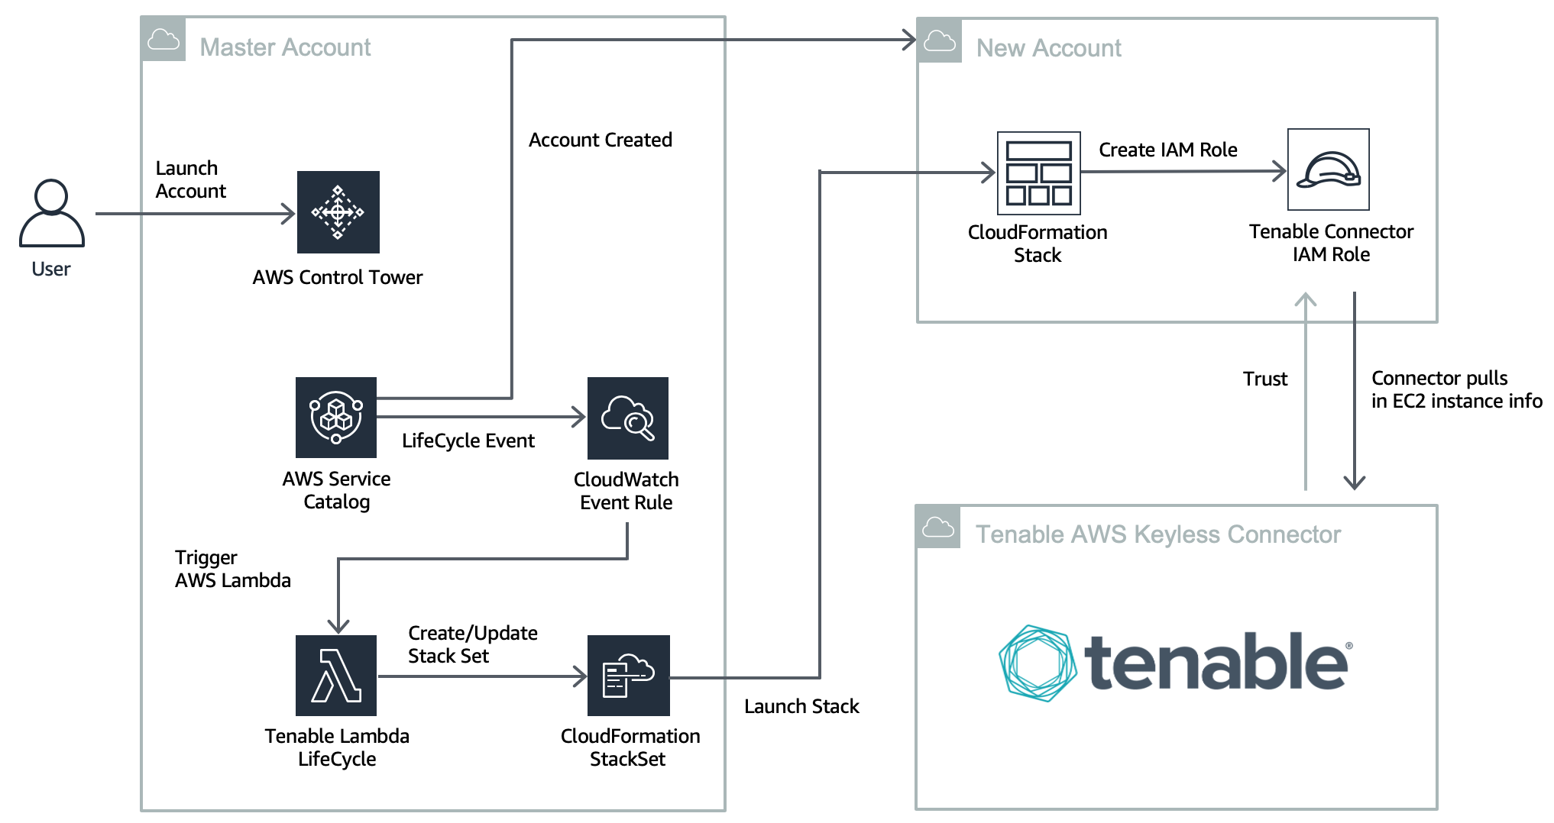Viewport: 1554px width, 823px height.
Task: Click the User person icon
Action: click(x=51, y=213)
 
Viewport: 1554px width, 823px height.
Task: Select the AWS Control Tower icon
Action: click(x=338, y=212)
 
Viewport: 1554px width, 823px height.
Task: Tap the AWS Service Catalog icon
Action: click(x=336, y=418)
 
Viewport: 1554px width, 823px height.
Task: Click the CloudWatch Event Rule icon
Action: click(x=627, y=418)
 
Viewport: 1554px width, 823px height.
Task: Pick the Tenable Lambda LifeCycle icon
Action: click(x=336, y=676)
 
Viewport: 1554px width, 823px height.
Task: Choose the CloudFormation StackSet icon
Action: click(x=628, y=676)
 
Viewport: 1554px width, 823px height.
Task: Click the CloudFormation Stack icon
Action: click(x=1038, y=173)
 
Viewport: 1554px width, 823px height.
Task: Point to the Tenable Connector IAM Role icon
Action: click(x=1328, y=169)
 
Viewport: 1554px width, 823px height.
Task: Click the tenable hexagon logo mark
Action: click(x=1038, y=663)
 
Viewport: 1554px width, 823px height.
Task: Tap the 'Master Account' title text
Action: click(x=285, y=47)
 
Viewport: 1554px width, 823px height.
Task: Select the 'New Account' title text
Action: click(x=1048, y=48)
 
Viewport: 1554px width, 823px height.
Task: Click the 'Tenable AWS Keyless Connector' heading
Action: click(x=1157, y=534)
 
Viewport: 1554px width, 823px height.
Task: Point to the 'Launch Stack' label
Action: click(x=801, y=706)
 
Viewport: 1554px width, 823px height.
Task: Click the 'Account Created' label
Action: click(x=601, y=140)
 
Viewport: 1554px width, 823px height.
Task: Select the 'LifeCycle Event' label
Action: click(x=468, y=441)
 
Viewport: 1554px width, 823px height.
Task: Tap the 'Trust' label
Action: click(x=1264, y=379)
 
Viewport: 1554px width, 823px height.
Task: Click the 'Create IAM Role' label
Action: click(x=1167, y=150)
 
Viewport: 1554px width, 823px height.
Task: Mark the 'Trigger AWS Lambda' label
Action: click(x=232, y=569)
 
